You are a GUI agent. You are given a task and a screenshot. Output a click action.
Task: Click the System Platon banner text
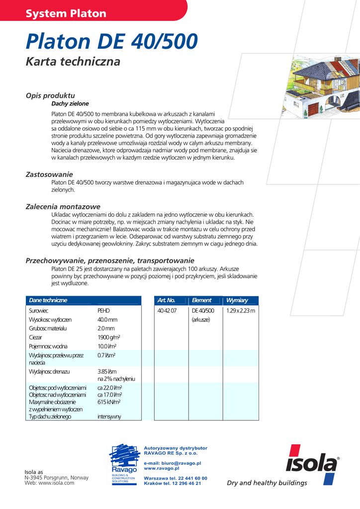[66, 13]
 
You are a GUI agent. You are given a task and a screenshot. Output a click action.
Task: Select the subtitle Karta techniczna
[73, 62]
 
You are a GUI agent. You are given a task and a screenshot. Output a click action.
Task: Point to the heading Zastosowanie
[49, 174]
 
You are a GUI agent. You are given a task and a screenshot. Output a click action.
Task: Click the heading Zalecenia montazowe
[63, 206]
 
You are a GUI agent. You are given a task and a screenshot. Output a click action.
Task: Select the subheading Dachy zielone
[70, 104]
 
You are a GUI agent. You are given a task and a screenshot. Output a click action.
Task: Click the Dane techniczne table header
[48, 300]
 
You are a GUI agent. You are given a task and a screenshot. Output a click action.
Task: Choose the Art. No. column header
[166, 300]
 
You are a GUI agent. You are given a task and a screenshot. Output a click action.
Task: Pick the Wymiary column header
[237, 300]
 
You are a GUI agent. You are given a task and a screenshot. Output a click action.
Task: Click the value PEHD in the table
[103, 311]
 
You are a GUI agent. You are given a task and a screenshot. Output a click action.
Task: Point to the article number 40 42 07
[167, 311]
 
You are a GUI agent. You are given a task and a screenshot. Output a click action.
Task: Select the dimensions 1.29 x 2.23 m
[240, 311]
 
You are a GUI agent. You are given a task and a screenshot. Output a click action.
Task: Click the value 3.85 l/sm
[107, 371]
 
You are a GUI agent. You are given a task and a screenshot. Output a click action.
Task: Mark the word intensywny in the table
[109, 417]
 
